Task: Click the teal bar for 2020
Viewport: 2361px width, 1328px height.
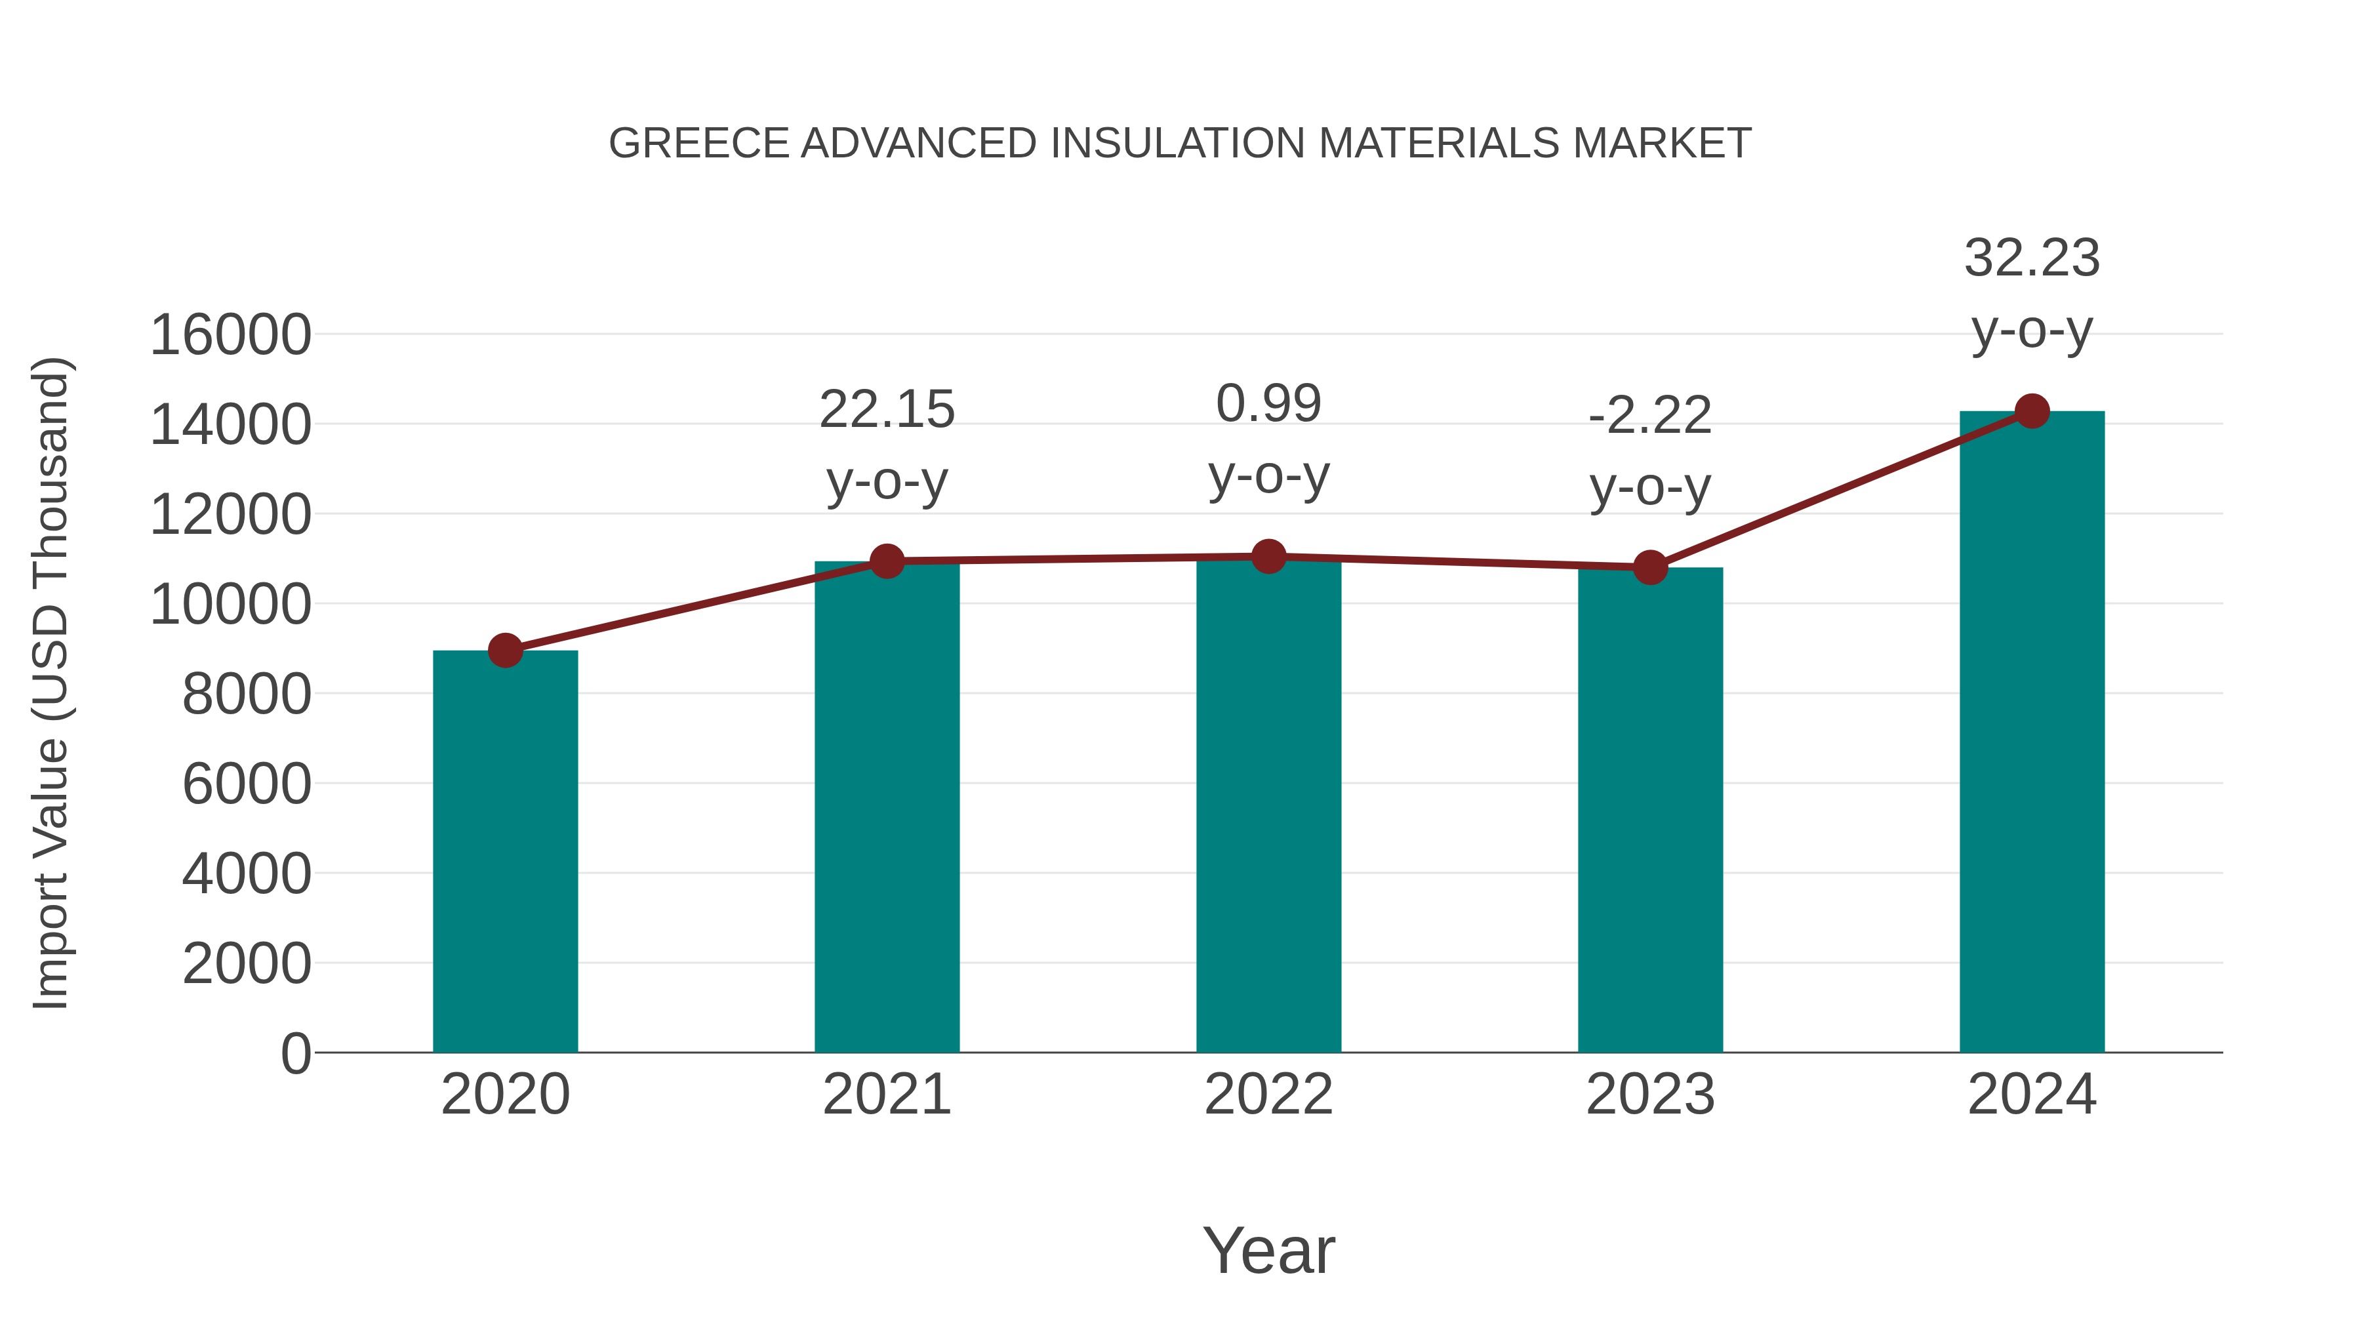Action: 505,853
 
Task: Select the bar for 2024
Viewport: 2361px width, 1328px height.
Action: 2032,733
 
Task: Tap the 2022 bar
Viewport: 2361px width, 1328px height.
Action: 1268,807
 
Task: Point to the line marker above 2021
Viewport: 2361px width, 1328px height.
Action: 886,561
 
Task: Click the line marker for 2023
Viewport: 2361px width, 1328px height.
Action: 1650,567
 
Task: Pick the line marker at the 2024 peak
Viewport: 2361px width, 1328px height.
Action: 2032,411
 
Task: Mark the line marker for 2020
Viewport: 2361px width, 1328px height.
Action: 505,651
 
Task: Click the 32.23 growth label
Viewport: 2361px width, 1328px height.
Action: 2032,258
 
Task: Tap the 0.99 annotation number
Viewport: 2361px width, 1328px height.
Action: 1268,404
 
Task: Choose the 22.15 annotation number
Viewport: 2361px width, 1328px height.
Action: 886,410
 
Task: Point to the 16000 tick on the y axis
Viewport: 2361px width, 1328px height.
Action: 230,335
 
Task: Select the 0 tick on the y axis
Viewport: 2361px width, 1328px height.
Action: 295,1054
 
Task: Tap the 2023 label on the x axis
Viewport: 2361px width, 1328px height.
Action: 1650,1095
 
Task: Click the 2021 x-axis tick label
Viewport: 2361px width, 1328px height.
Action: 886,1095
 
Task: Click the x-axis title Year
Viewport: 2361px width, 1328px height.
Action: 1268,1251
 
